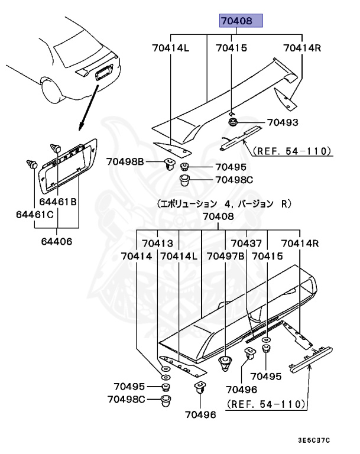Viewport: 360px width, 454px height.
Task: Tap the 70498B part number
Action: (125, 161)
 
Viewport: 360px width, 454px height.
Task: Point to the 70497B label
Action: (226, 256)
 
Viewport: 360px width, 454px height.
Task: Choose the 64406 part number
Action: (57, 241)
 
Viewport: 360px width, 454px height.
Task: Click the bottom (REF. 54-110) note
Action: (265, 405)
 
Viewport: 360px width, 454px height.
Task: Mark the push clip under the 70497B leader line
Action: (225, 363)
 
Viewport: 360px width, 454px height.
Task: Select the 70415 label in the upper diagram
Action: (231, 48)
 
